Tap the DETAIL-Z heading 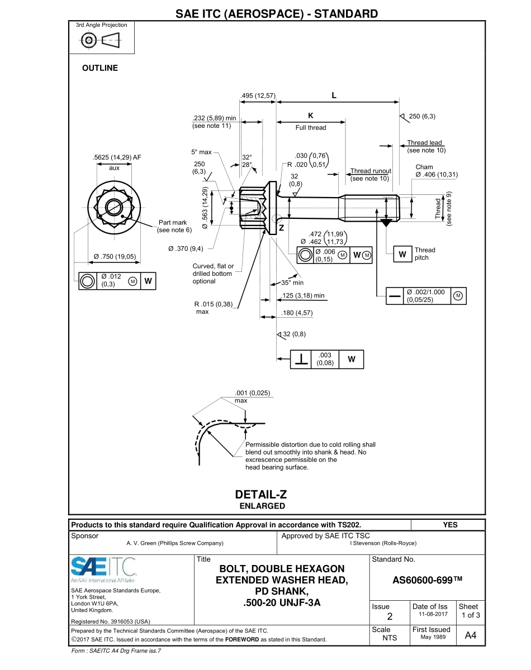pos(261,495)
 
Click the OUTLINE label pos(100,68)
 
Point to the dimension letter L pos(334,95)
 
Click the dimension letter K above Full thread pos(311,116)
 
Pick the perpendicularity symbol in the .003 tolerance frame pos(302,360)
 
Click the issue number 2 pos(390,616)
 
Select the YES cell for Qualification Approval pos(449,525)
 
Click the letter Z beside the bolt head pos(281,228)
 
